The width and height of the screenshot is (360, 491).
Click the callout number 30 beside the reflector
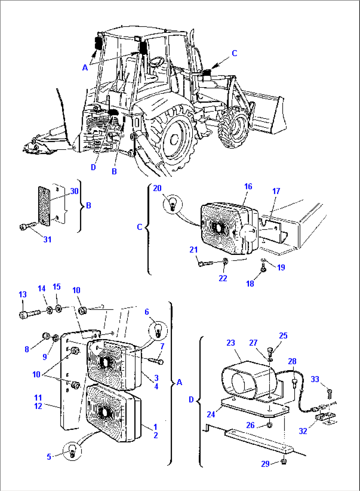[74, 191]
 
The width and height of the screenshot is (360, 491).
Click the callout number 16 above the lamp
[248, 187]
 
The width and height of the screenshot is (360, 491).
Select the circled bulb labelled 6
[158, 330]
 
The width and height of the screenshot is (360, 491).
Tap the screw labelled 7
[156, 361]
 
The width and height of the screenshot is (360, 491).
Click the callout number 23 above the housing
[231, 343]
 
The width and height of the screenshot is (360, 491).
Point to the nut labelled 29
[283, 461]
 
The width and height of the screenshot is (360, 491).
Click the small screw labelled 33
[329, 393]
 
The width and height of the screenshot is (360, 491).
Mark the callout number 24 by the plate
[211, 414]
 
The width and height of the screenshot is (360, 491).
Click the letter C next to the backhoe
[234, 53]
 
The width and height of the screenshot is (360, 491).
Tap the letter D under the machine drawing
[93, 167]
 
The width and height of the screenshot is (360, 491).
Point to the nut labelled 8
[46, 336]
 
